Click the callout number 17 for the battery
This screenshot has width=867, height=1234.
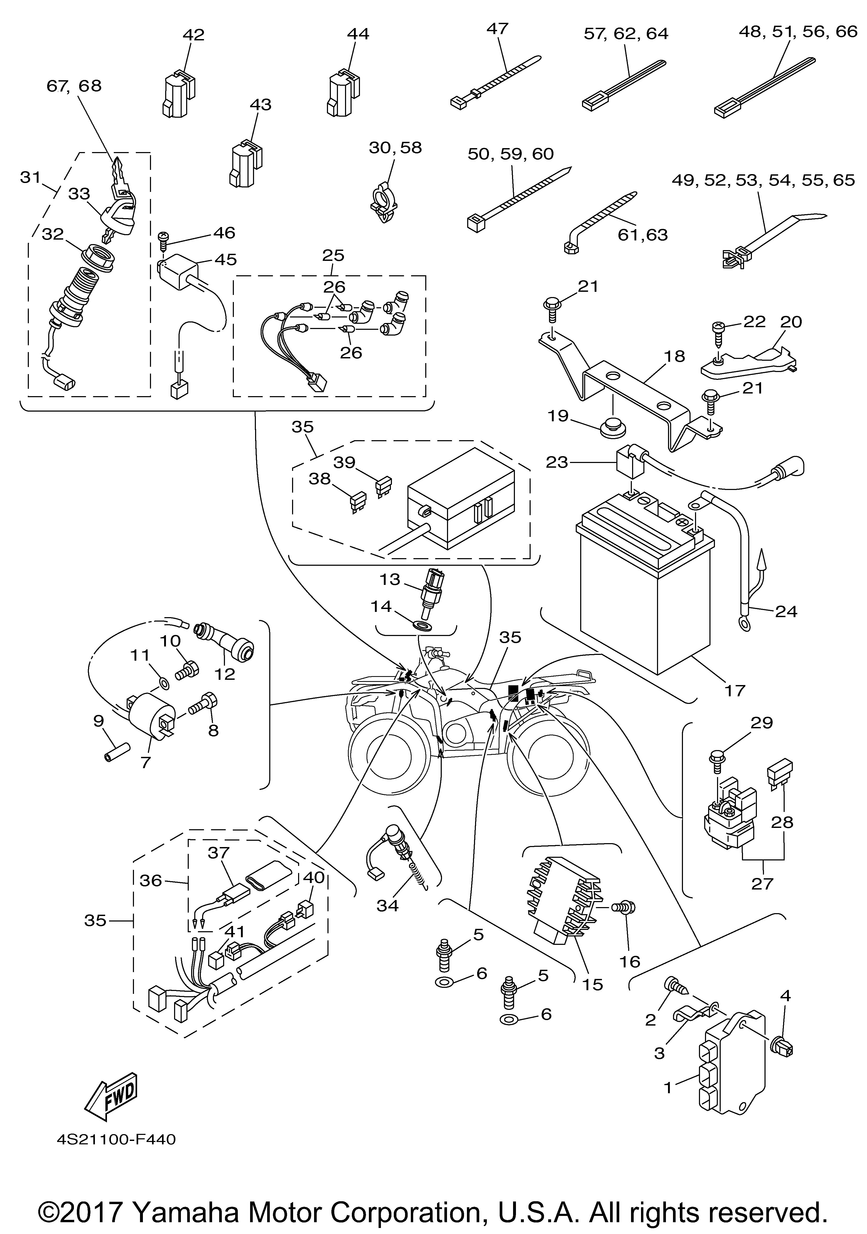735,690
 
